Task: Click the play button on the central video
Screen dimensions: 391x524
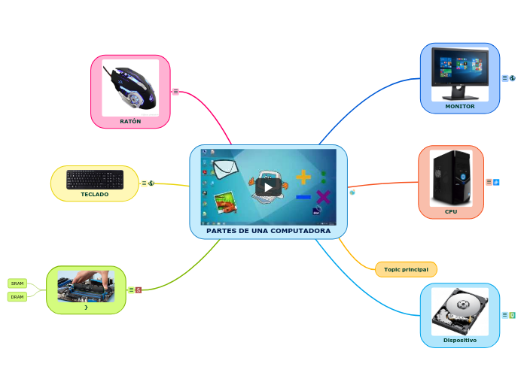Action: point(268,186)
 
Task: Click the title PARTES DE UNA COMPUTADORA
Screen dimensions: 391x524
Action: point(268,230)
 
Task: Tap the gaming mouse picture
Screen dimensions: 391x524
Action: point(131,88)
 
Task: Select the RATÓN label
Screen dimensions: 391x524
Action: point(130,121)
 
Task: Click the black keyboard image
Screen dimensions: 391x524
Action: point(95,179)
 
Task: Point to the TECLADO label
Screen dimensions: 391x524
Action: point(95,194)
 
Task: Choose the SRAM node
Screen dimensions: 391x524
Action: point(17,283)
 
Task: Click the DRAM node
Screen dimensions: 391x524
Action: point(17,296)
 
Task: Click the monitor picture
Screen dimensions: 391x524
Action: point(459,74)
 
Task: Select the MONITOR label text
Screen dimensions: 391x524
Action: point(460,106)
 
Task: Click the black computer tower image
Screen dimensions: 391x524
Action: point(451,178)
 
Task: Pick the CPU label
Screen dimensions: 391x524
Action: point(451,211)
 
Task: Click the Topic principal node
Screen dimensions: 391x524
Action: point(406,269)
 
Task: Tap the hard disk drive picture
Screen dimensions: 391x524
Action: point(459,311)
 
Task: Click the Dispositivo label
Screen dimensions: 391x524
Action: point(459,340)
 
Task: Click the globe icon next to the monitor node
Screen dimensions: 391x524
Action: point(513,77)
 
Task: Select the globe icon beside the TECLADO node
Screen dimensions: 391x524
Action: point(151,183)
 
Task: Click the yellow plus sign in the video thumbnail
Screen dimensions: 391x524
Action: point(303,177)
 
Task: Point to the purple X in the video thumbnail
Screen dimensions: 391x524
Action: point(324,198)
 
